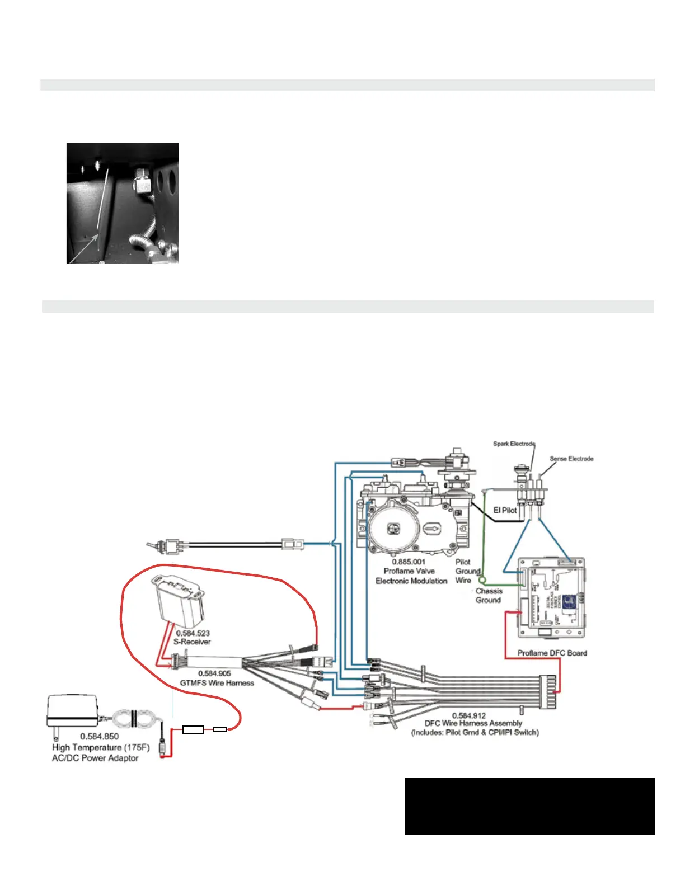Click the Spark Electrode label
(x=514, y=444)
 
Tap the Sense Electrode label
(x=571, y=459)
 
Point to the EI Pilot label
(x=505, y=510)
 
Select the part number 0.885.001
(x=409, y=562)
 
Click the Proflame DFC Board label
(x=552, y=653)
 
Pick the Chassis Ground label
(x=489, y=595)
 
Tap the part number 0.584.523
(x=193, y=633)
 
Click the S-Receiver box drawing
(x=179, y=598)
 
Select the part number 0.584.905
(x=214, y=673)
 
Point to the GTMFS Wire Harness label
(x=217, y=683)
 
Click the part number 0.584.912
(x=469, y=715)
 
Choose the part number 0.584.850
(x=100, y=737)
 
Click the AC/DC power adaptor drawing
(x=73, y=710)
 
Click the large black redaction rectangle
(x=529, y=806)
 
